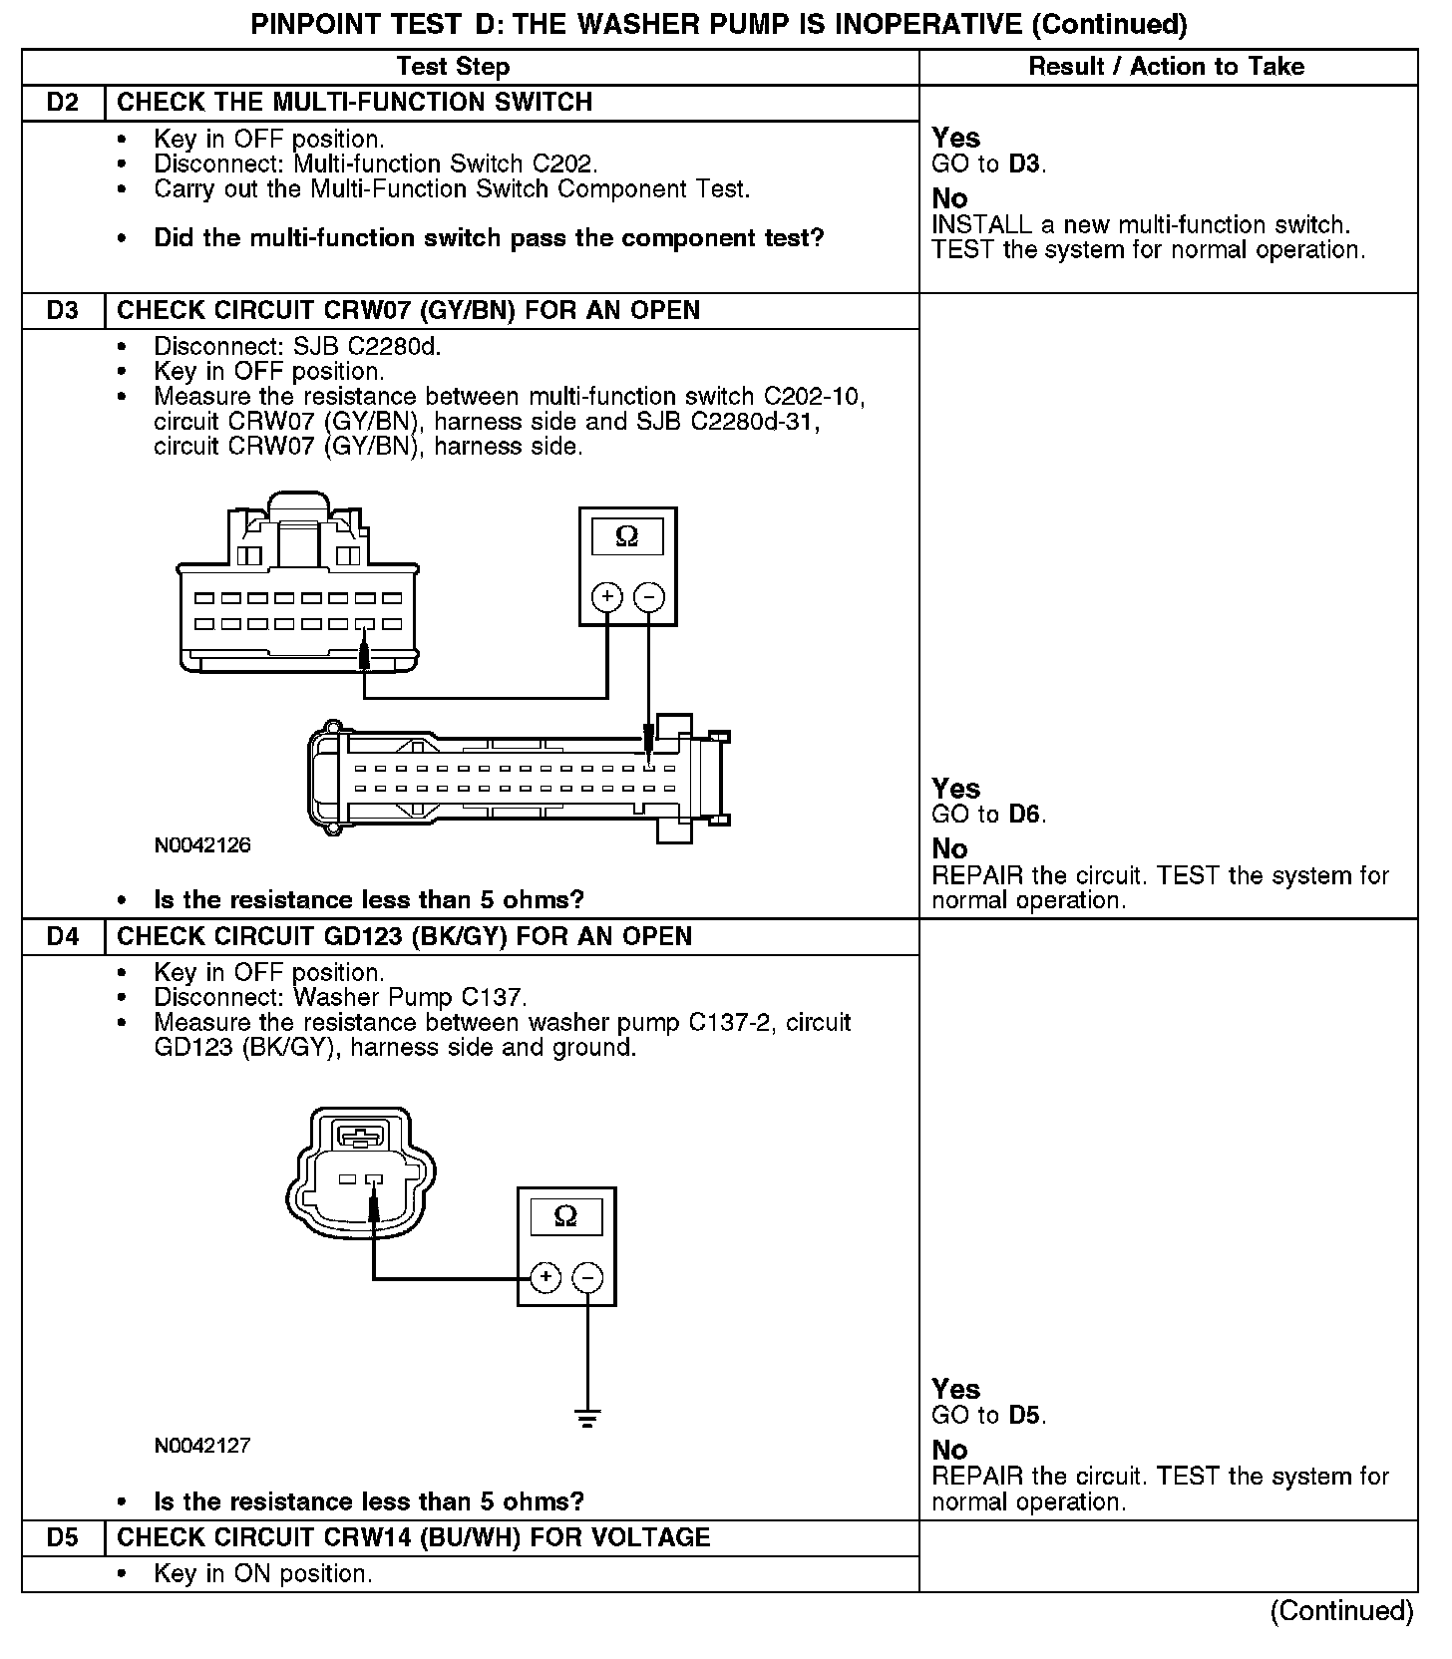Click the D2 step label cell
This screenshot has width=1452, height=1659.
pyautogui.click(x=63, y=103)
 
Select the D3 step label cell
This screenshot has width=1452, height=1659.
pyautogui.click(x=63, y=311)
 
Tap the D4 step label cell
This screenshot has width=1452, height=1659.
pyautogui.click(x=63, y=937)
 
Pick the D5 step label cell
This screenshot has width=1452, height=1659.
pyautogui.click(x=63, y=1537)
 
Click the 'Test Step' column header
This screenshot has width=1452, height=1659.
pyautogui.click(x=453, y=67)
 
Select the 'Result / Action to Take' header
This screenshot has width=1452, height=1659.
pyautogui.click(x=1166, y=67)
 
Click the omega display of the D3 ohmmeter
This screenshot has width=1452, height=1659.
pyautogui.click(x=627, y=537)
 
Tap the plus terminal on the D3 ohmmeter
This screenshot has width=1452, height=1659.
pyautogui.click(x=607, y=597)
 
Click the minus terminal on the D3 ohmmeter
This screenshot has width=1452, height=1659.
pyautogui.click(x=649, y=597)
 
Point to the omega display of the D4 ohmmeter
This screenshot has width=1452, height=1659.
pyautogui.click(x=565, y=1217)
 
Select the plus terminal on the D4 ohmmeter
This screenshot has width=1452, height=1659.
pyautogui.click(x=544, y=1277)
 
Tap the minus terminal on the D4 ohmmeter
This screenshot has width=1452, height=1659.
pyautogui.click(x=587, y=1277)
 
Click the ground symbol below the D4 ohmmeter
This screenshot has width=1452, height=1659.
pyautogui.click(x=587, y=1417)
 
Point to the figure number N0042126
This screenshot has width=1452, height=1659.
pyautogui.click(x=202, y=845)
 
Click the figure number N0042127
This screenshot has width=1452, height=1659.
pyautogui.click(x=202, y=1446)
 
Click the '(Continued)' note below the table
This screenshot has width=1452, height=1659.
pyautogui.click(x=1341, y=1611)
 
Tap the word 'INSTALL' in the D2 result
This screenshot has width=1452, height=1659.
pyautogui.click(x=981, y=225)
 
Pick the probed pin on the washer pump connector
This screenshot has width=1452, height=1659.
pyautogui.click(x=374, y=1180)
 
